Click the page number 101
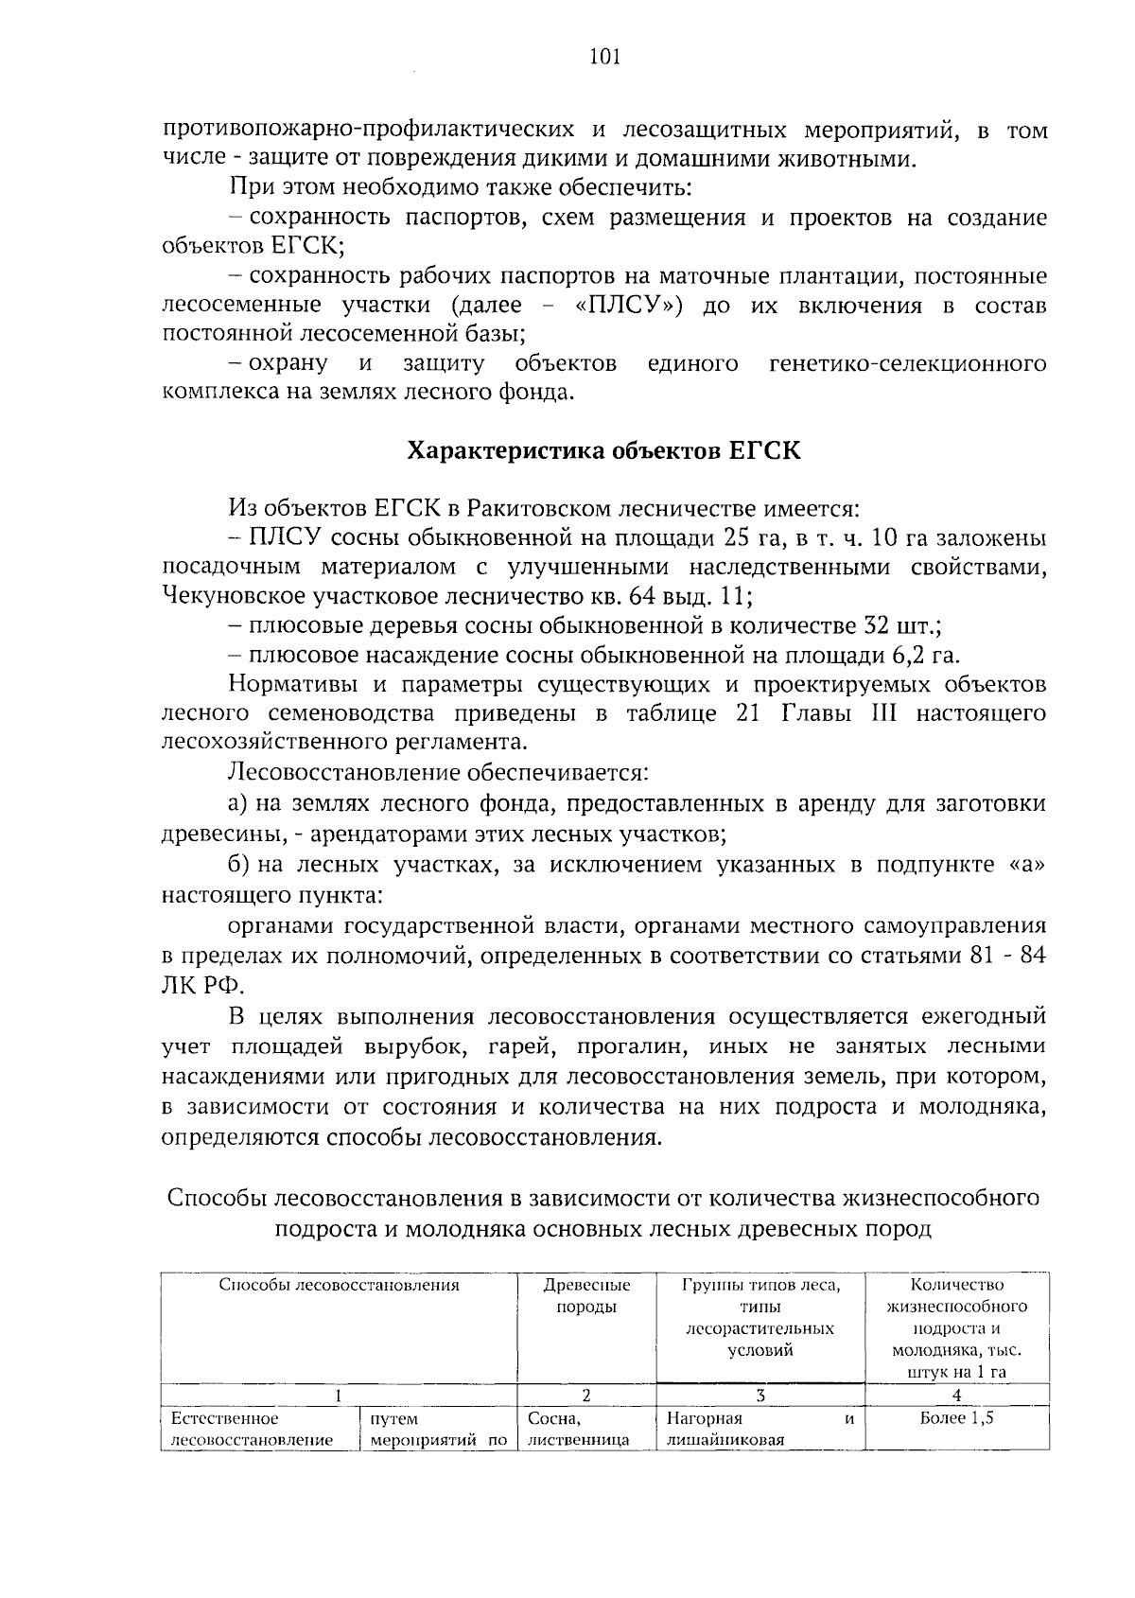(x=603, y=58)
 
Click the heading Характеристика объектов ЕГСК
(x=603, y=451)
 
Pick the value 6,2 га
(x=925, y=656)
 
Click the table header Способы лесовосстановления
(x=339, y=1286)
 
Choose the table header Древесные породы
(x=585, y=1296)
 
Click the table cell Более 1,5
(x=956, y=1418)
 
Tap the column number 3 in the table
(x=760, y=1395)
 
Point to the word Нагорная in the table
(x=704, y=1418)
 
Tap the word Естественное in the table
(x=223, y=1418)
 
